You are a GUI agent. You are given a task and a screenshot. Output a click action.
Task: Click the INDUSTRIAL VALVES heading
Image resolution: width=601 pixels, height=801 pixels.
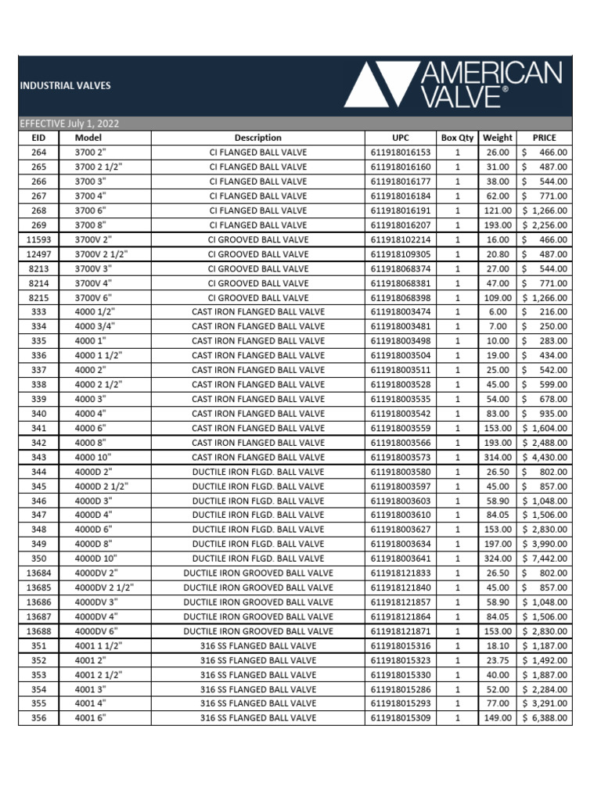[x=65, y=85]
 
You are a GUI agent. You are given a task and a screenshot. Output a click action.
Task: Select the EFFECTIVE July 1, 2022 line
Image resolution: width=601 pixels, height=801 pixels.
[x=70, y=124]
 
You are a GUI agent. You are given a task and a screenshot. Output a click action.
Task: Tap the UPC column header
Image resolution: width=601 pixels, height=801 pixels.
[x=400, y=138]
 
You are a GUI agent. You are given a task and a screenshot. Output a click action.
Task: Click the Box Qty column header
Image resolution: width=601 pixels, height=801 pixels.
[x=458, y=138]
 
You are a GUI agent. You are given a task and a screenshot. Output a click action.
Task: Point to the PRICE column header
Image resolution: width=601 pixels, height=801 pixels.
[x=544, y=138]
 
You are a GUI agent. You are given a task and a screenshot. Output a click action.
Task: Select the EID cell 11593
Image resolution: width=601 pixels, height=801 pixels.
[x=38, y=239]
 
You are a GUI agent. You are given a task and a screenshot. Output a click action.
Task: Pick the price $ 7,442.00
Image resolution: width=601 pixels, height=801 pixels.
[x=544, y=559]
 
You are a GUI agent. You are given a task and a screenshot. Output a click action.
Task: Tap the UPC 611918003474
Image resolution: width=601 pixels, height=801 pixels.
[x=400, y=312]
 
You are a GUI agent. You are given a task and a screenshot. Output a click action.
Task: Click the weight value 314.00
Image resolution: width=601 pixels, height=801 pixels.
[x=498, y=457]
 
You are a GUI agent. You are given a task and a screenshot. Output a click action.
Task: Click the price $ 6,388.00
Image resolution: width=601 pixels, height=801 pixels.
[x=544, y=718]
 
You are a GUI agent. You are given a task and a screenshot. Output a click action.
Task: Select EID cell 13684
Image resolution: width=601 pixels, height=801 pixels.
[x=38, y=573]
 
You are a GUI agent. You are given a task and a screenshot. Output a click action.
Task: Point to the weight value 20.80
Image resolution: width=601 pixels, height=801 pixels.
[x=498, y=254]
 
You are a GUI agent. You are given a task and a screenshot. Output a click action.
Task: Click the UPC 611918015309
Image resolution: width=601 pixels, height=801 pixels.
[x=400, y=718]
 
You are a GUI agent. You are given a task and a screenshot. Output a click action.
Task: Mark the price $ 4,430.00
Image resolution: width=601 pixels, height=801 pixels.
[x=544, y=457]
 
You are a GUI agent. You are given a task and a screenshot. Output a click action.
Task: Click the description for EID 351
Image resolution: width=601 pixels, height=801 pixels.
[x=258, y=645]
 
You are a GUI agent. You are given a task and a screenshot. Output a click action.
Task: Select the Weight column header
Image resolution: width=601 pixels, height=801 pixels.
[x=498, y=138]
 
